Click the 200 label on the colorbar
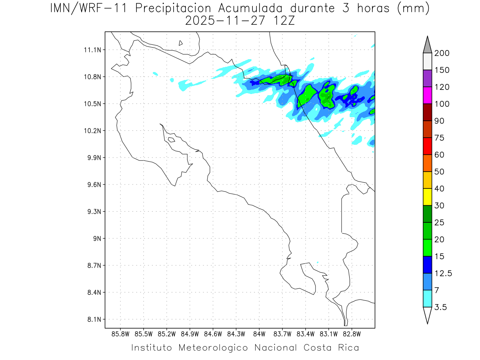[442, 53]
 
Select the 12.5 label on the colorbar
[443, 273]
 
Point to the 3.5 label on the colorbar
[440, 307]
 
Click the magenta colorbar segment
[427, 95]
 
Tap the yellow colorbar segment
[427, 197]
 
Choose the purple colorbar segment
[427, 78]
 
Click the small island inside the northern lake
[181, 43]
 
